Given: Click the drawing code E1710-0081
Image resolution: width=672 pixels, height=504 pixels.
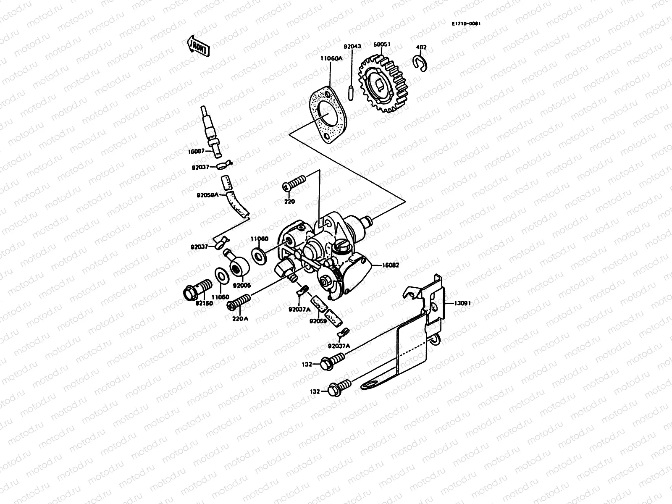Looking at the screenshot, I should pos(466,24).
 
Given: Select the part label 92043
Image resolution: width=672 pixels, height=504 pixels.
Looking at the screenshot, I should pos(352,47).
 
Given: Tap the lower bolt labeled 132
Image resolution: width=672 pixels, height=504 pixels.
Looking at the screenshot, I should pos(339,387).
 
